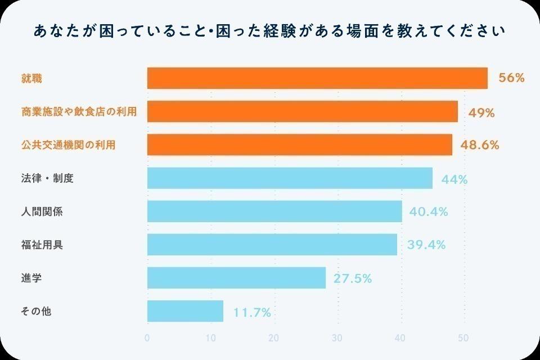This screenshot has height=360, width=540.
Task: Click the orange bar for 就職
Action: point(317,78)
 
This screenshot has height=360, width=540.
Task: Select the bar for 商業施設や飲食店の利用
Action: point(303,111)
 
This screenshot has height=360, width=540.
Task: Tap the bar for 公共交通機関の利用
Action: point(300,145)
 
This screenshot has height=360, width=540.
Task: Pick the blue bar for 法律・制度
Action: point(290,178)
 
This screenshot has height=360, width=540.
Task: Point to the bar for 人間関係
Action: point(274,211)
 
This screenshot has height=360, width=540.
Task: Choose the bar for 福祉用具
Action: point(272,245)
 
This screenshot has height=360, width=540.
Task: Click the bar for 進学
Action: point(236,278)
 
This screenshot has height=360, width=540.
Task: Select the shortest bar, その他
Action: point(185,311)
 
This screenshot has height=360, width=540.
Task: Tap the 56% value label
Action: point(511,78)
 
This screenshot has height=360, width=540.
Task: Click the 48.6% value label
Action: point(480,145)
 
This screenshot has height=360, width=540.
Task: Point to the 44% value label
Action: point(454,179)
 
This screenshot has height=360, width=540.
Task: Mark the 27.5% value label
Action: point(353,278)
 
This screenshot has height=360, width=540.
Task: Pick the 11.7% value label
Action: point(252,312)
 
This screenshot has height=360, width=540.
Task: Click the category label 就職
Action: point(31,79)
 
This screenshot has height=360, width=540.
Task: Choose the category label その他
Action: point(36,311)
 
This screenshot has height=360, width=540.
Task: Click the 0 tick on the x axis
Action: point(147,338)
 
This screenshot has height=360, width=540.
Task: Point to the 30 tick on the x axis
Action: point(337,338)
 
